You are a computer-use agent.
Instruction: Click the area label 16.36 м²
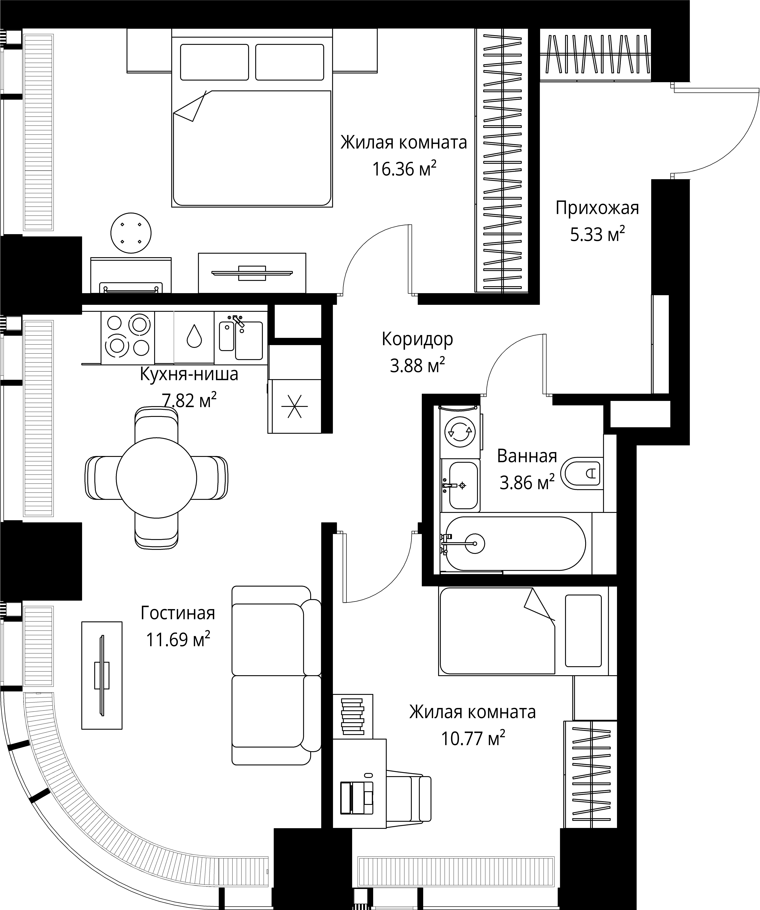404,169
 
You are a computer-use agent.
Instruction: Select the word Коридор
417,339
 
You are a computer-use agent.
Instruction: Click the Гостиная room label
178,613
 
